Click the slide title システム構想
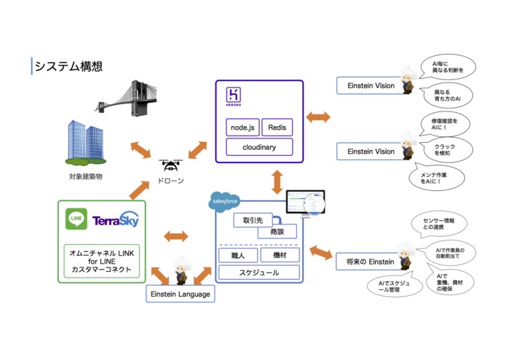[x=68, y=66]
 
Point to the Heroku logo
[x=233, y=97]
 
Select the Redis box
[x=277, y=128]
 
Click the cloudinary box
[x=258, y=146]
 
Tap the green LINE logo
[x=76, y=219]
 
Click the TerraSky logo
[x=115, y=219]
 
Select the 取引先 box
[x=252, y=219]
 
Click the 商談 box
[x=277, y=232]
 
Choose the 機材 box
[x=278, y=256]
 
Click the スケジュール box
[x=258, y=273]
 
